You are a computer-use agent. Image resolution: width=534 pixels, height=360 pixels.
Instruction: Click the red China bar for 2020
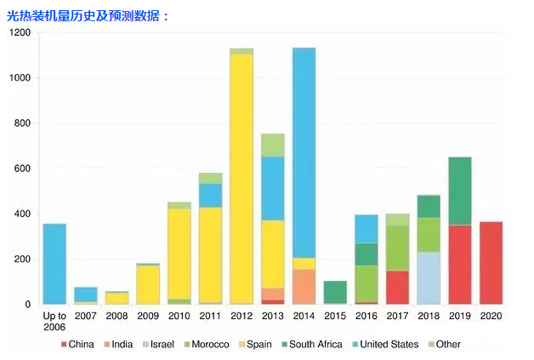coord(491,263)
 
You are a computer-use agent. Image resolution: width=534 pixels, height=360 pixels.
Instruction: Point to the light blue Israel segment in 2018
coord(429,277)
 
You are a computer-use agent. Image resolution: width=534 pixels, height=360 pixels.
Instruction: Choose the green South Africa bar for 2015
coord(335,292)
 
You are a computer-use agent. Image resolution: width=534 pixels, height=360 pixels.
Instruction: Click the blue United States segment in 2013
coord(273,188)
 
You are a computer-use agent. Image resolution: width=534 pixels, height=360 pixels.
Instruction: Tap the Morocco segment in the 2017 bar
coord(397,248)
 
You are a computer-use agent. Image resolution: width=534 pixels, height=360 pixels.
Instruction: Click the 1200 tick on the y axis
coord(20,32)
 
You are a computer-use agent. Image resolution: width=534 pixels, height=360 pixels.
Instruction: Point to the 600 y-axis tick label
coord(22,169)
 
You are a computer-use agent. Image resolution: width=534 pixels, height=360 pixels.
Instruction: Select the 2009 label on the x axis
coord(148,316)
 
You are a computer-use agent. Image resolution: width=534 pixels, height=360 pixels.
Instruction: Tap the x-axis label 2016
coord(366,316)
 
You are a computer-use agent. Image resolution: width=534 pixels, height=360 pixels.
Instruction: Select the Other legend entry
coord(447,345)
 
